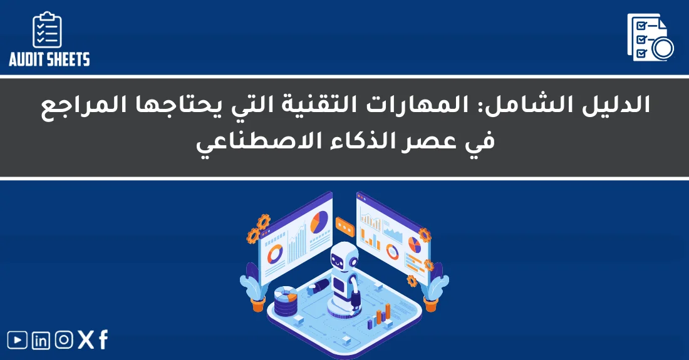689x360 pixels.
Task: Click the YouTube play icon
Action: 18,340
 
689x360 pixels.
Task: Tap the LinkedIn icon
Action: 41,341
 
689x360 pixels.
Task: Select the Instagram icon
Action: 64,340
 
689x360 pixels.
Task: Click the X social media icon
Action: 86,340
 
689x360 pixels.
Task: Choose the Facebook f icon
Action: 103,340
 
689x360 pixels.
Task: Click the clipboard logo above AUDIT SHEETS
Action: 48,30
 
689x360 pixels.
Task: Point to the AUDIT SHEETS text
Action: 49,59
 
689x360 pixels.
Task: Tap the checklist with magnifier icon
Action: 650,38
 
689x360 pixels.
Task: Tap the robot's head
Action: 344,257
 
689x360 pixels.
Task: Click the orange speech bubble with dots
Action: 345,224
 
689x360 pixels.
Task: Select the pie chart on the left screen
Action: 319,221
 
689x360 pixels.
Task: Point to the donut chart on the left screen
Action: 274,253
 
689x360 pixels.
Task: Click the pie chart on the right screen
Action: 414,243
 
